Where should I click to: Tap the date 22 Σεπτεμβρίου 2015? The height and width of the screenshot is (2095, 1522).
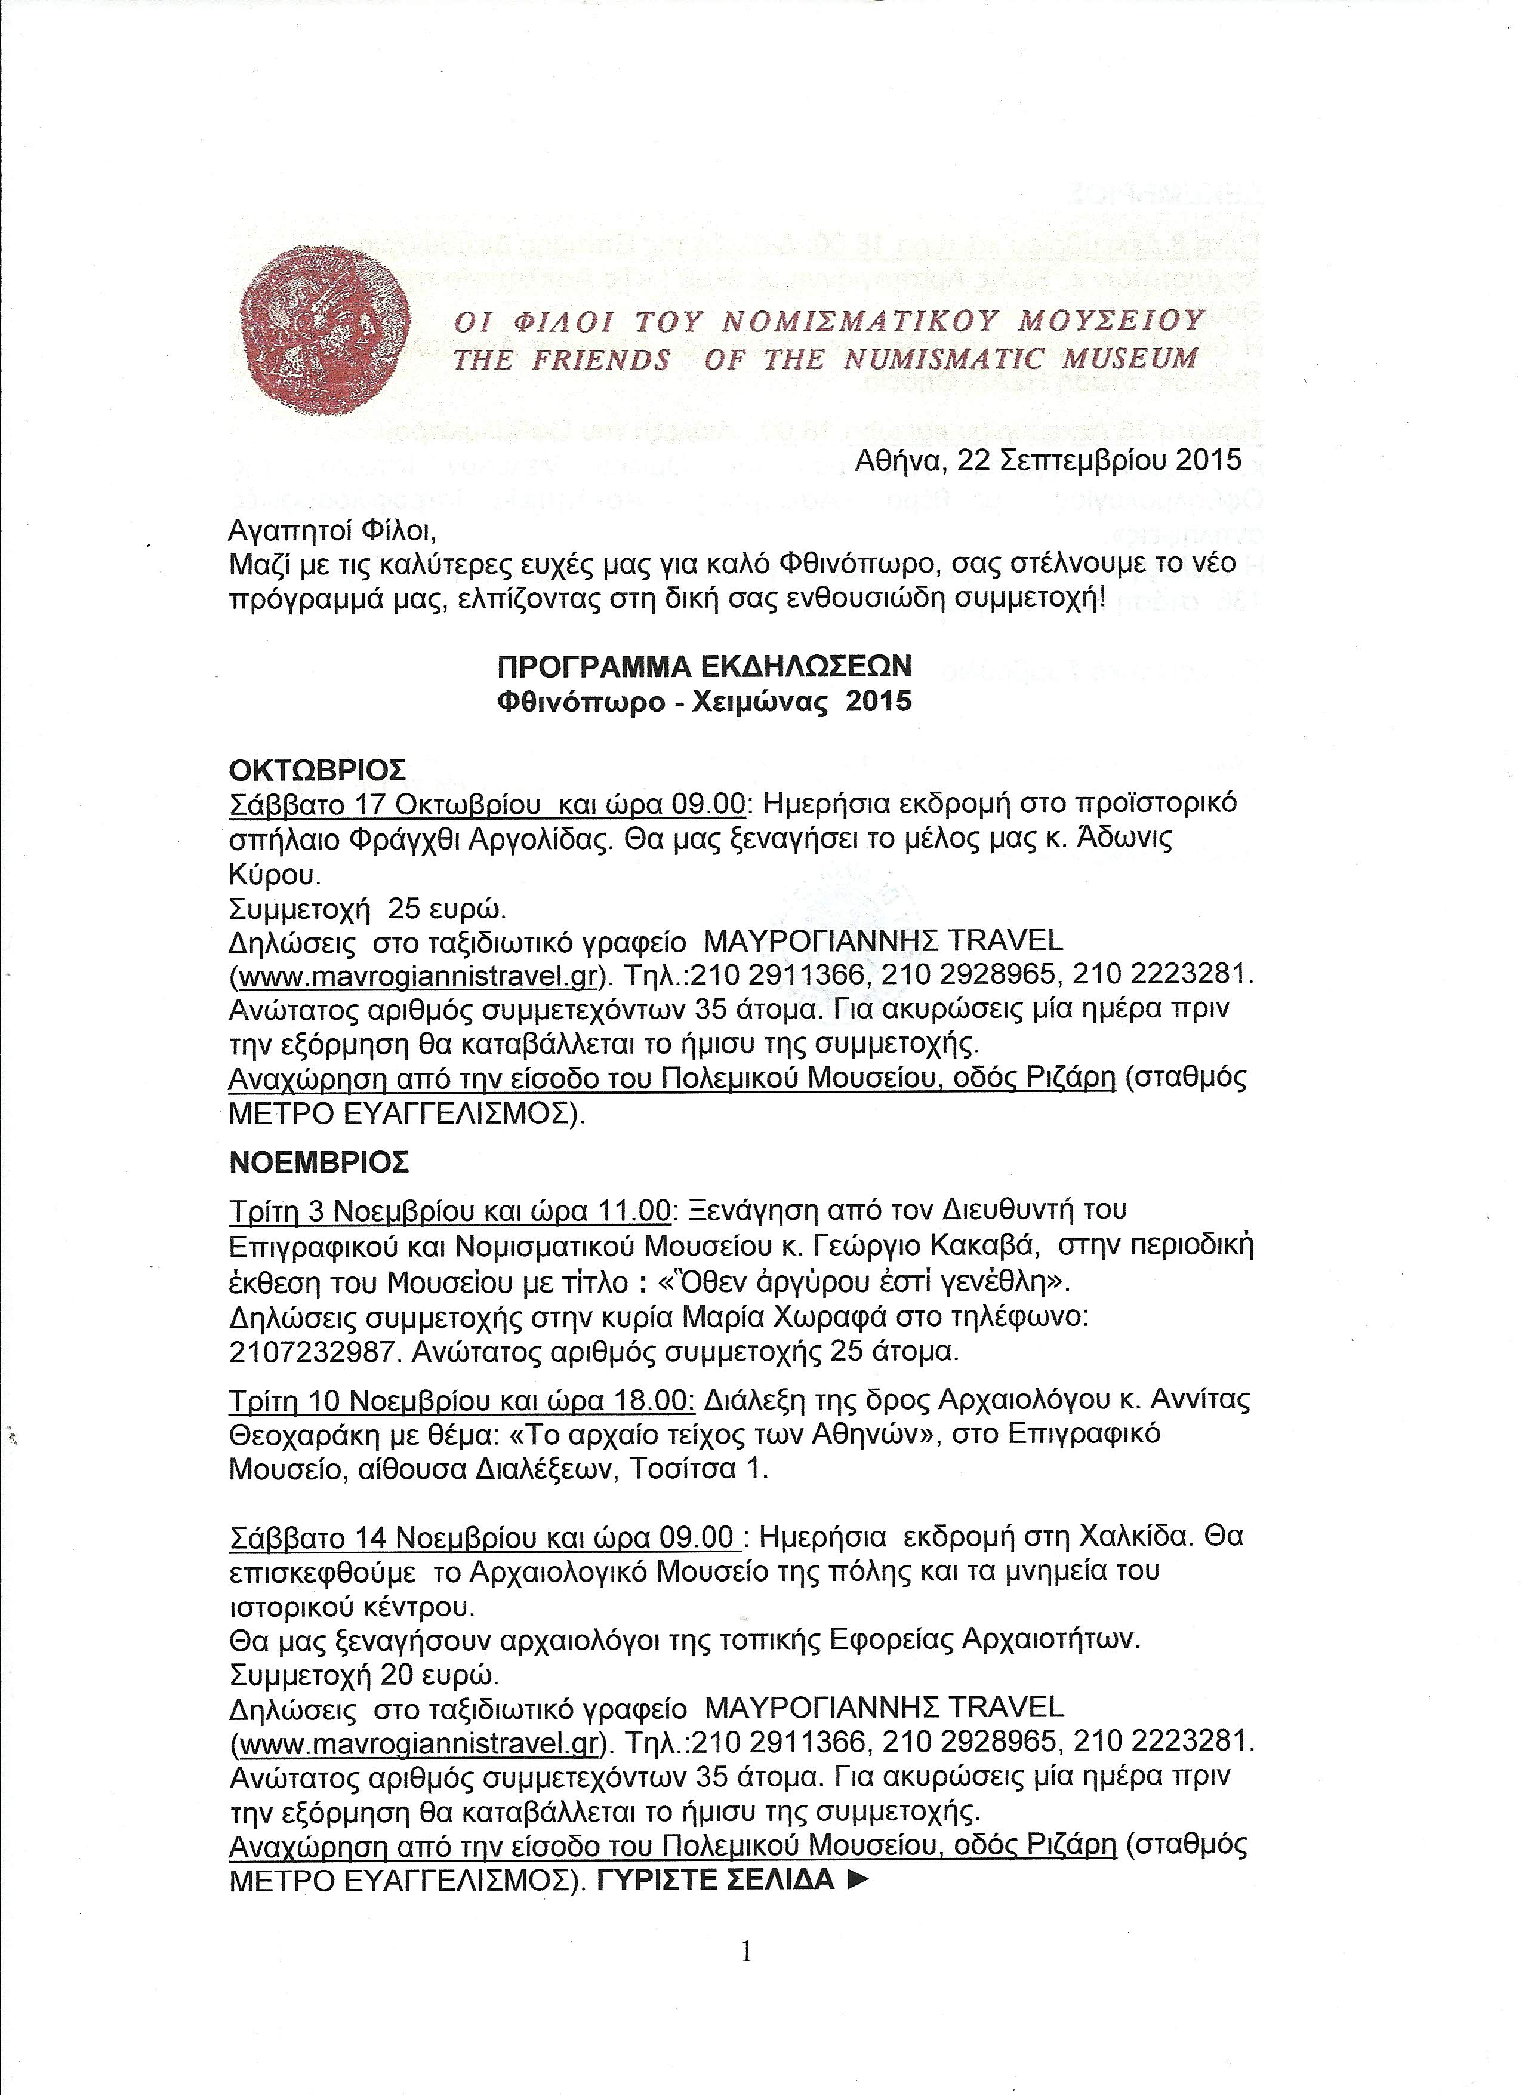click(x=1099, y=459)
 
